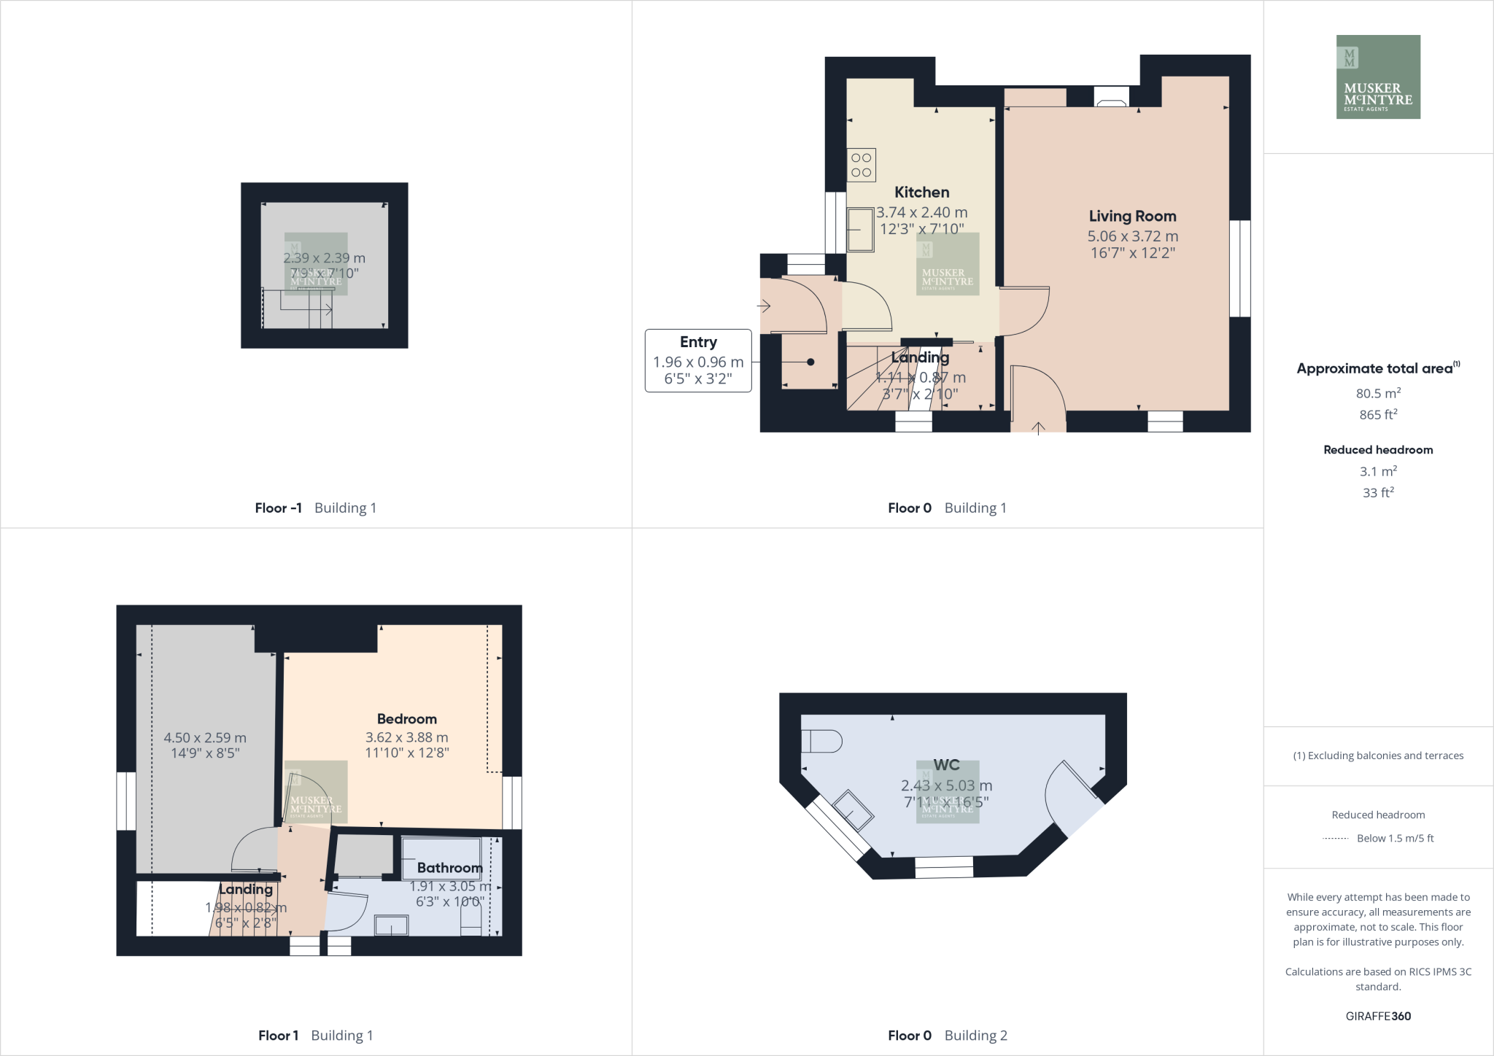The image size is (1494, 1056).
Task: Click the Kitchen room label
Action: pos(921,193)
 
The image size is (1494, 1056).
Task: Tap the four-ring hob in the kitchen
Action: pos(861,165)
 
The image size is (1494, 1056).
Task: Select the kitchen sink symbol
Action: pos(861,230)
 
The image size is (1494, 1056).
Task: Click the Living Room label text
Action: pos(1132,217)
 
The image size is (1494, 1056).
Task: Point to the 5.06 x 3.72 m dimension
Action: pos(1132,236)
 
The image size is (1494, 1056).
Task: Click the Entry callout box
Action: pos(698,360)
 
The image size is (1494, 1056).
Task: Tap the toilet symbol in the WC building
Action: pos(821,742)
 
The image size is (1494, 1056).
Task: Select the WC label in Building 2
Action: pos(946,765)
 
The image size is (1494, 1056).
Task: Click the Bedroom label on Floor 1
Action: pos(406,719)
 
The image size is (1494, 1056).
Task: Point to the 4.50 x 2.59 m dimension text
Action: pos(205,738)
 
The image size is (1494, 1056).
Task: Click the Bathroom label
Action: pos(449,868)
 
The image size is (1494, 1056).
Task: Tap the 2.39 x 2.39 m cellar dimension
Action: pos(324,258)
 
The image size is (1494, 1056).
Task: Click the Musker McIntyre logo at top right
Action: pos(1378,77)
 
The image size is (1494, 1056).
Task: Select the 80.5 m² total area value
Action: pos(1378,394)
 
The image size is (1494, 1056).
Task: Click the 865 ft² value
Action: pos(1378,415)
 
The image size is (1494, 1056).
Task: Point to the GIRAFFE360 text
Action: pos(1378,1016)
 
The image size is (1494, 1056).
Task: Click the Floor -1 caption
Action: pos(278,508)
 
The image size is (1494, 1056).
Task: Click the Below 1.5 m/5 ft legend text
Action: pos(1395,839)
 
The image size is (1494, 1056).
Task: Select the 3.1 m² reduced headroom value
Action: pos(1378,472)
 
